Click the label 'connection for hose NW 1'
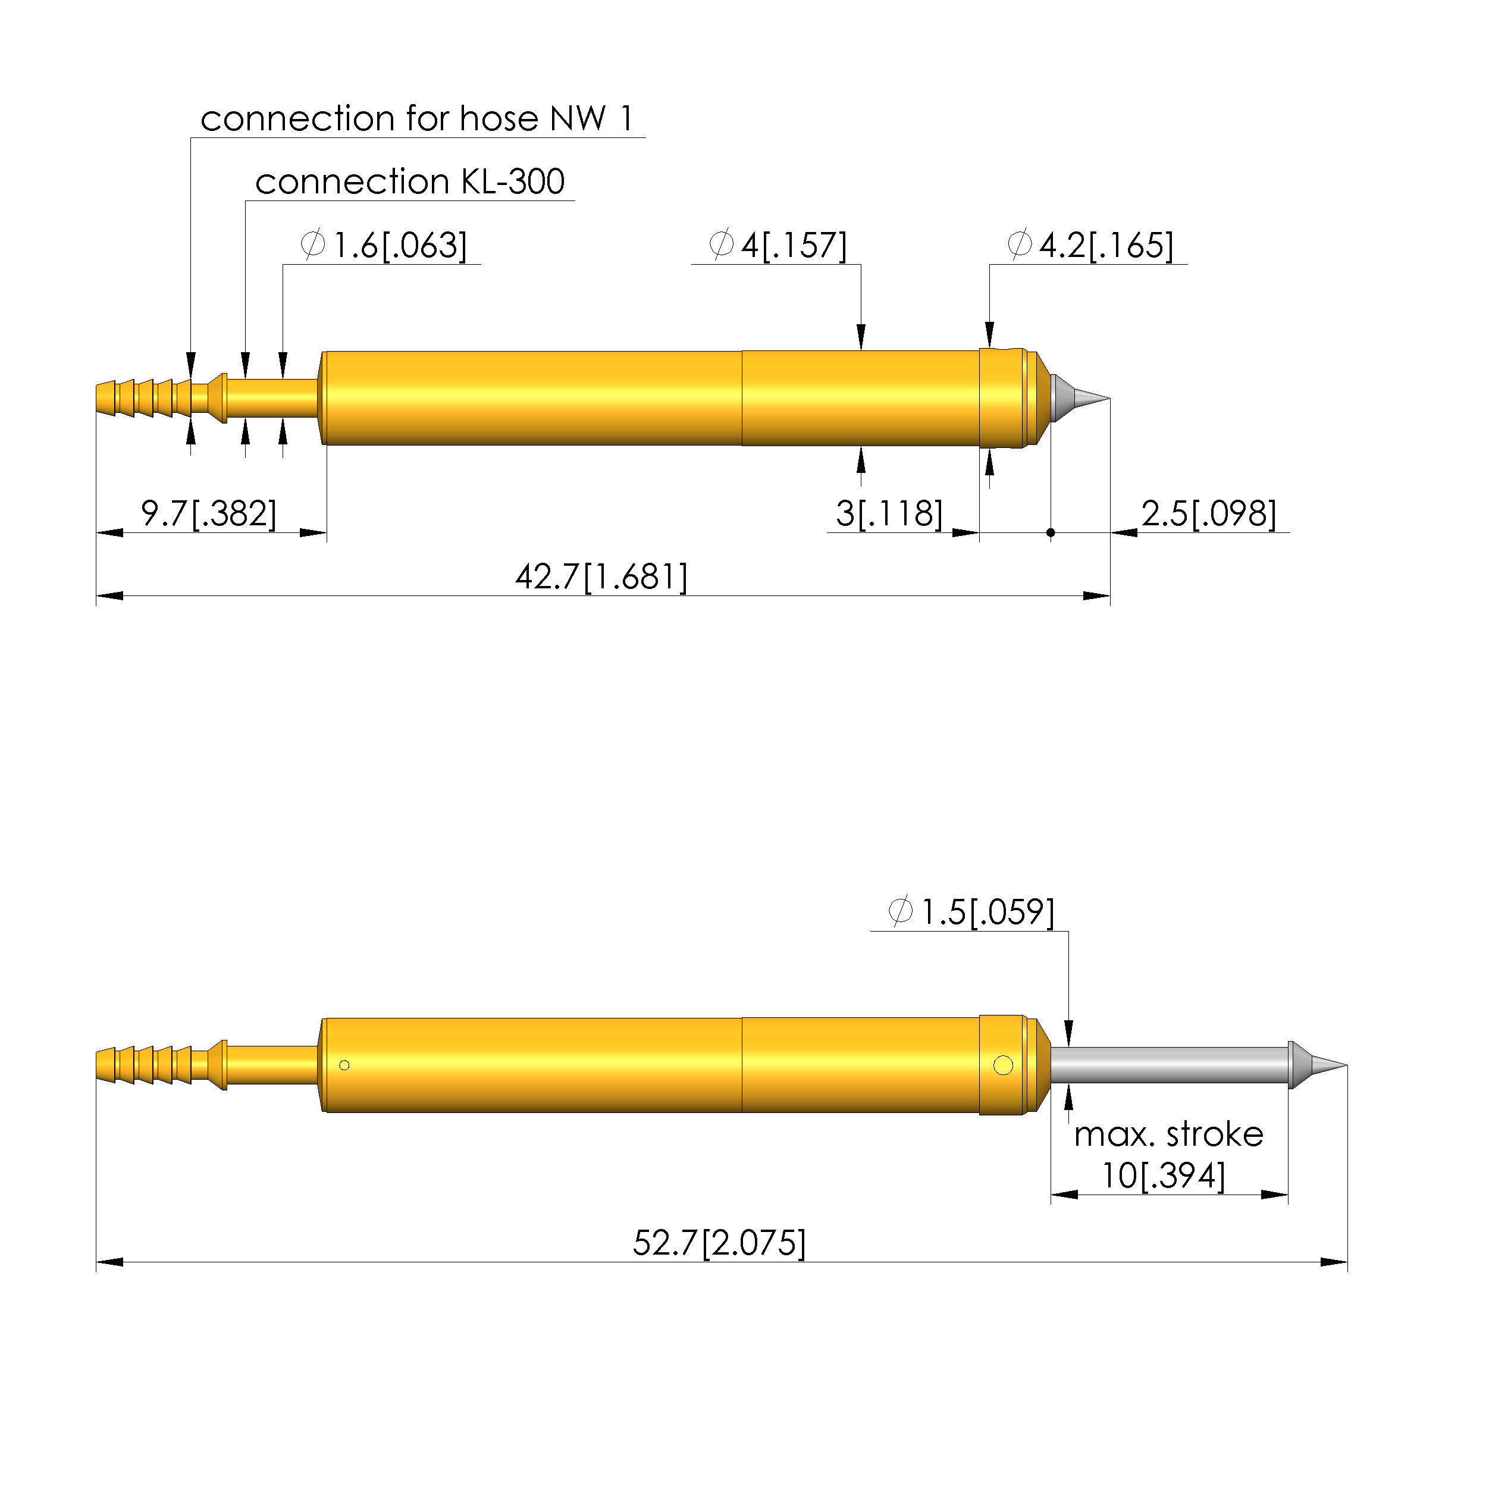coord(417,119)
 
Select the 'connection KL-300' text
coord(410,182)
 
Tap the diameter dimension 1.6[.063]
coord(384,245)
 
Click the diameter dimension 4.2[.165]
coord(1090,245)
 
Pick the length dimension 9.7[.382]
coord(208,513)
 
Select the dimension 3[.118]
coord(889,513)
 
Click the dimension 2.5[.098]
coord(1208,513)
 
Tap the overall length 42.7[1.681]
coord(601,577)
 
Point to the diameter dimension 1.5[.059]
coord(971,913)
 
